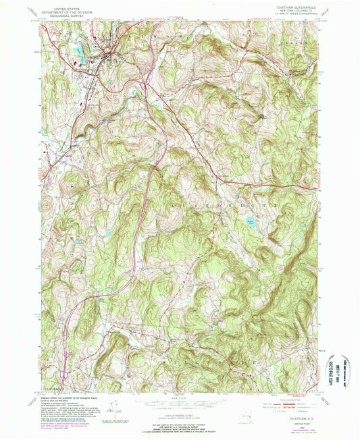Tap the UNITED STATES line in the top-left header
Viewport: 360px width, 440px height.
(66, 5)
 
